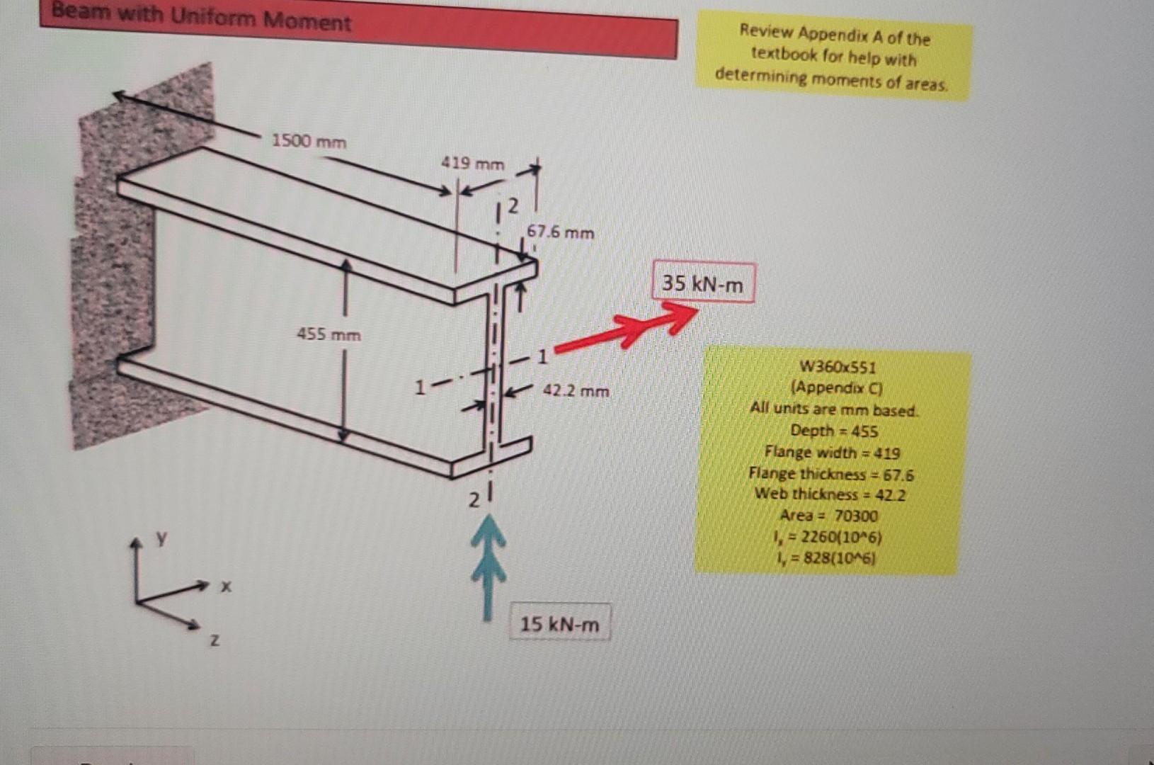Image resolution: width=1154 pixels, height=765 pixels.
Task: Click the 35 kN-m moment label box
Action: pyautogui.click(x=702, y=283)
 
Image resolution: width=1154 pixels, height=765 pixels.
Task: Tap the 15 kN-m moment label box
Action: pyautogui.click(x=559, y=624)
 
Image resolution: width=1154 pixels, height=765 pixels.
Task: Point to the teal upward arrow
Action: pyautogui.click(x=488, y=567)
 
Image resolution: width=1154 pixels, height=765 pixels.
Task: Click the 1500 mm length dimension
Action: pyautogui.click(x=309, y=141)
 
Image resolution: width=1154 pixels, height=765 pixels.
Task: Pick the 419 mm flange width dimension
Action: pyautogui.click(x=473, y=164)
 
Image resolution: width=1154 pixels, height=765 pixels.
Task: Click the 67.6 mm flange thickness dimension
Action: pyautogui.click(x=560, y=232)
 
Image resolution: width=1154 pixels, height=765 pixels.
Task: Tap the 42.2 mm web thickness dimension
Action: pyautogui.click(x=576, y=390)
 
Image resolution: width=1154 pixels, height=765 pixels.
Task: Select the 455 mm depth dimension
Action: pyautogui.click(x=329, y=334)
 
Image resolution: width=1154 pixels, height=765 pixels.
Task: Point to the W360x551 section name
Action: pyautogui.click(x=837, y=367)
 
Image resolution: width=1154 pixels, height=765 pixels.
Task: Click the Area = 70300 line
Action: pyautogui.click(x=828, y=516)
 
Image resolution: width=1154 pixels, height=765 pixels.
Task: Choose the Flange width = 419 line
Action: pyautogui.click(x=832, y=452)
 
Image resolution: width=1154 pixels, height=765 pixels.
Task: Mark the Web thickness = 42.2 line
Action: pyautogui.click(x=830, y=494)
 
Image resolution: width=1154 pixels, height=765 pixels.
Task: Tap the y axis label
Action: pyautogui.click(x=162, y=538)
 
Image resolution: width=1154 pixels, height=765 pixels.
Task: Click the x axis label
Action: pyautogui.click(x=225, y=586)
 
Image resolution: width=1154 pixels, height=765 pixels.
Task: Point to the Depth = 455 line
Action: pyautogui.click(x=834, y=431)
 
